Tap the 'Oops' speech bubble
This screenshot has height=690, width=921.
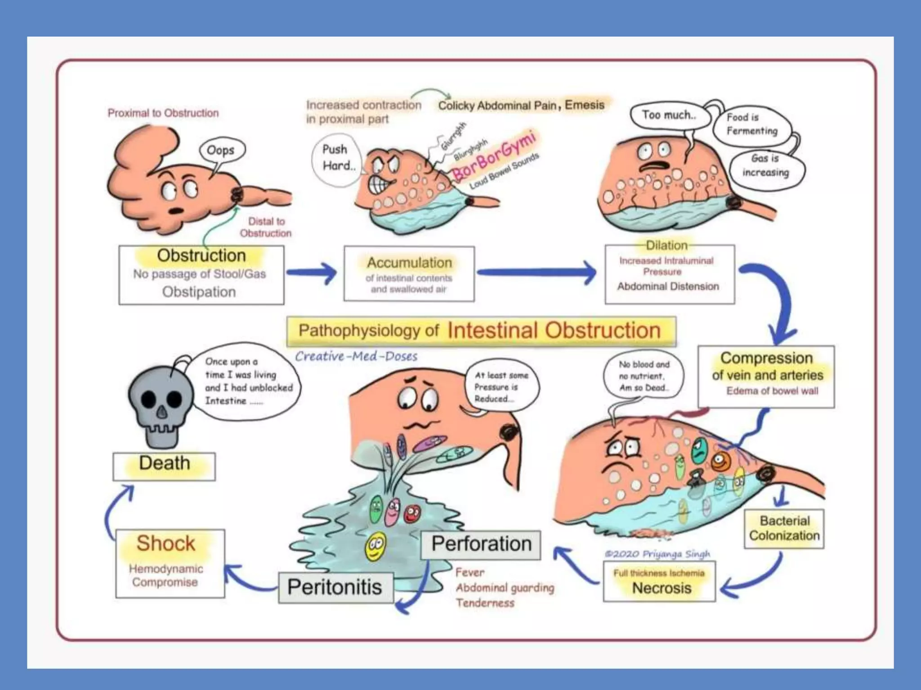221,150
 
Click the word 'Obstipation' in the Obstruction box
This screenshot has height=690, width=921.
199,292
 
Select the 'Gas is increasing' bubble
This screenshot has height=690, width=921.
765,166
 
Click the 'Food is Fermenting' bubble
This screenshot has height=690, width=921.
751,124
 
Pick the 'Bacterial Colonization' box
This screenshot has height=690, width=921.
784,528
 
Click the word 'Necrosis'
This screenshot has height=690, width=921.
662,588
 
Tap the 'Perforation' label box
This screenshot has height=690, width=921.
481,544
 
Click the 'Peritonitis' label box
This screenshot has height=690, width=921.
335,587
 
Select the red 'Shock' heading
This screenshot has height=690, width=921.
166,543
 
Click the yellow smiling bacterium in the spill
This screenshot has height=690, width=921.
375,547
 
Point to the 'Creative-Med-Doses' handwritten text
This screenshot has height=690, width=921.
356,356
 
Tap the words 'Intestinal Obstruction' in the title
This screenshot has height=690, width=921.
554,331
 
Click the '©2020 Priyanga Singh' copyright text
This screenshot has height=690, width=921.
657,554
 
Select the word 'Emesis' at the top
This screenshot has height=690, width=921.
585,105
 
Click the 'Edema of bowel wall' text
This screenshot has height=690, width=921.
772,391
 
